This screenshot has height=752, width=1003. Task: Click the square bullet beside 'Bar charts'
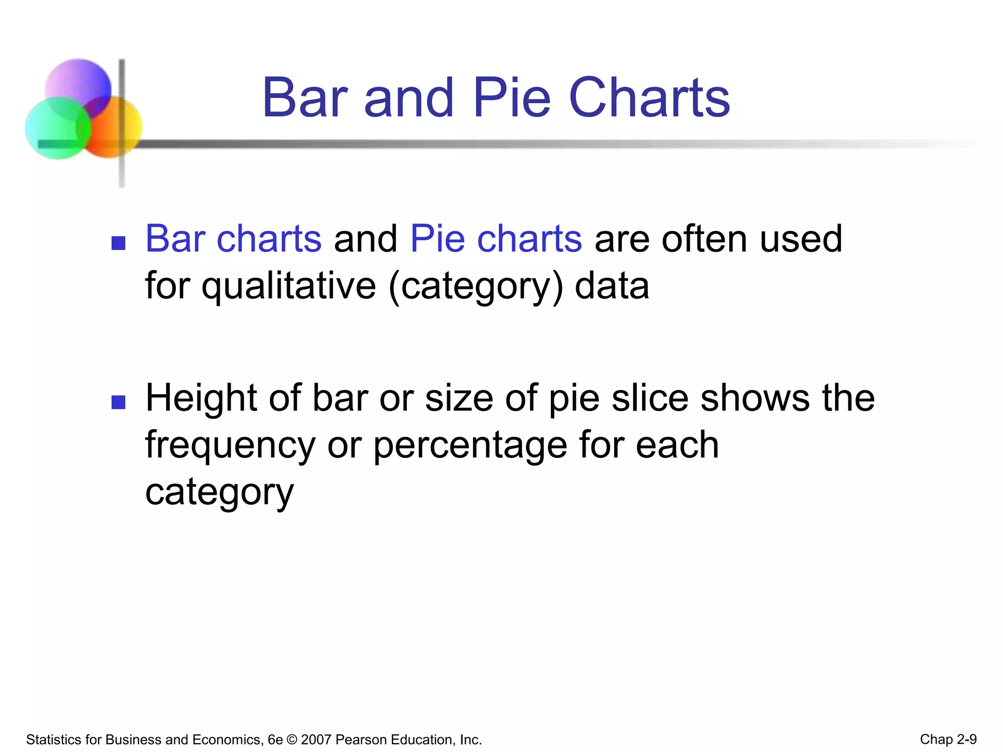[119, 243]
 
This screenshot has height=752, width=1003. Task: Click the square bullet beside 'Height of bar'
[119, 402]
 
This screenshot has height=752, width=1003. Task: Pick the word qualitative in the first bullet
[289, 286]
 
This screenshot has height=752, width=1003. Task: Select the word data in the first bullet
[612, 286]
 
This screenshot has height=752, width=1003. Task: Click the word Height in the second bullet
[201, 398]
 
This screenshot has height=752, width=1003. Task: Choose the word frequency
[230, 446]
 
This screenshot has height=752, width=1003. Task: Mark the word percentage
[470, 446]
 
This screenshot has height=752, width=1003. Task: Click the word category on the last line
[219, 493]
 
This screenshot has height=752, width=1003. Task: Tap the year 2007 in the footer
[316, 739]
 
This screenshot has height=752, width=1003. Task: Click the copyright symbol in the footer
[292, 739]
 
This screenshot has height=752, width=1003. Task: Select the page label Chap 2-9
[948, 739]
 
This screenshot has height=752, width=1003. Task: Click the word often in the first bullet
[705, 239]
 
